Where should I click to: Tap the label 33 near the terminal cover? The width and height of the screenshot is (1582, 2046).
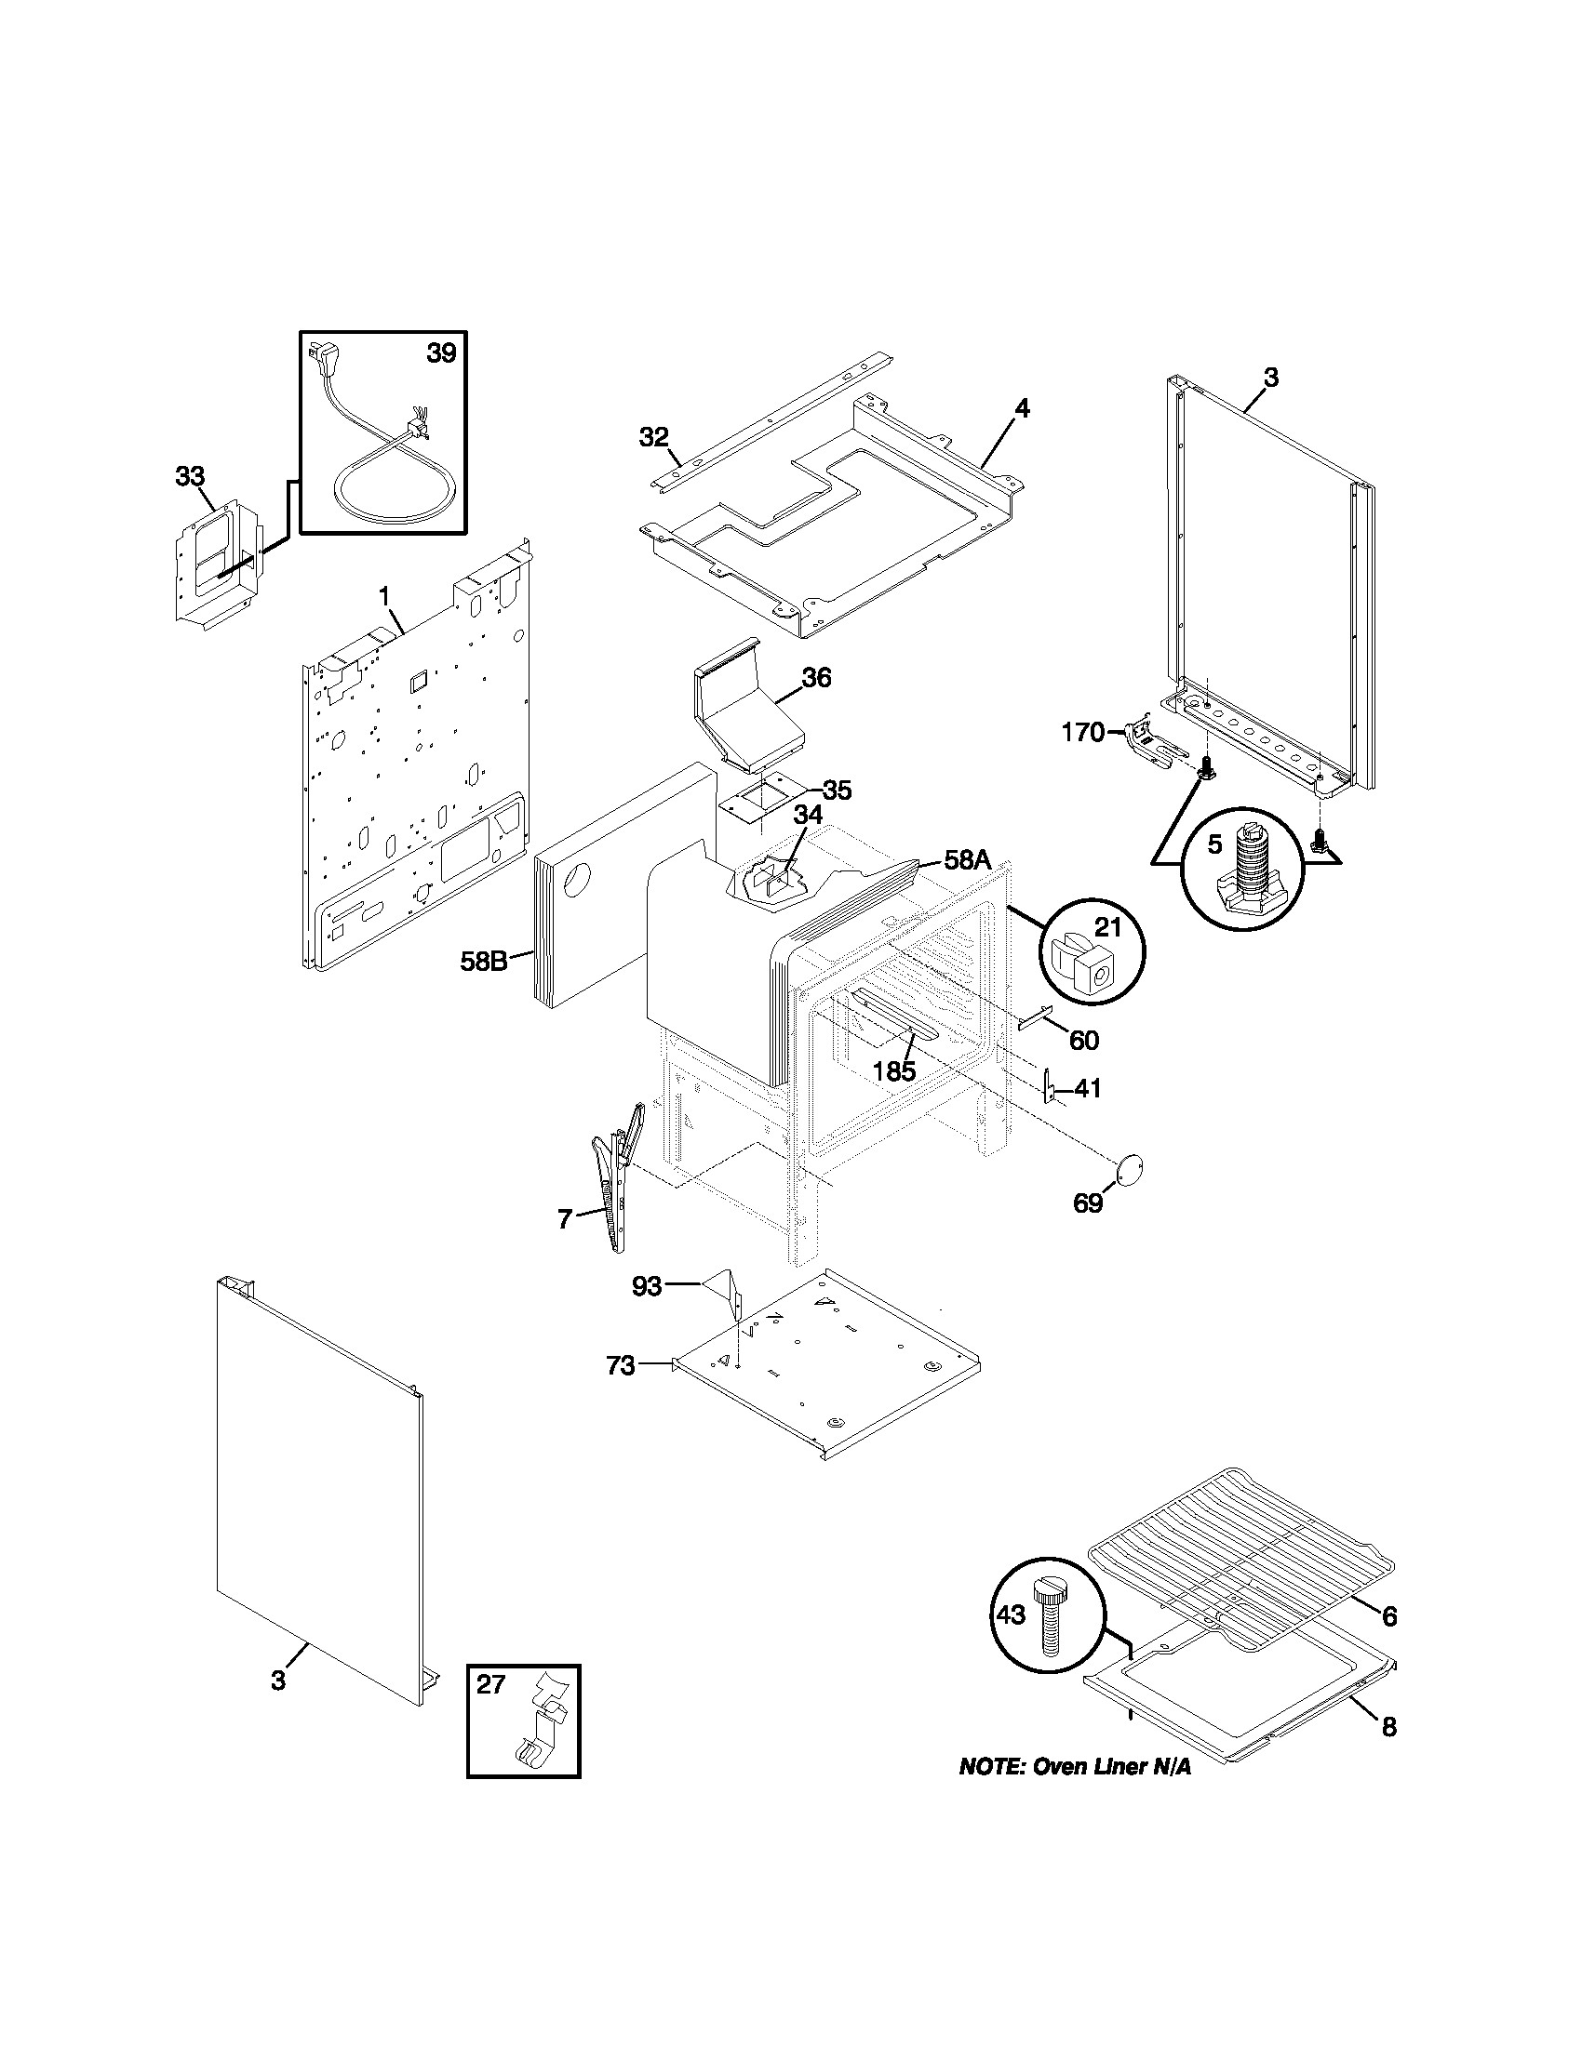coord(189,476)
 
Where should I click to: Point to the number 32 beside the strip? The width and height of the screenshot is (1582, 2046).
coord(654,436)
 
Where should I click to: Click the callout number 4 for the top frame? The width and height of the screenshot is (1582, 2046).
coord(1022,408)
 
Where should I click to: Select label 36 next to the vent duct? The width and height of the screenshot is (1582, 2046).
coord(816,678)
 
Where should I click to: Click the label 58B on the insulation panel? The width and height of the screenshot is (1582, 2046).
coord(484,962)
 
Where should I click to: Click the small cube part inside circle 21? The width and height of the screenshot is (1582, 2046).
coord(1089,963)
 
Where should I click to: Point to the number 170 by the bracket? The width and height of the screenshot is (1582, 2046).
coord(1082,733)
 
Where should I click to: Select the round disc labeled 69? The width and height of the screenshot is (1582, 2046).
coord(1131,1167)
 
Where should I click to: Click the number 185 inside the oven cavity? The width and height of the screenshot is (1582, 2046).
coord(894,1071)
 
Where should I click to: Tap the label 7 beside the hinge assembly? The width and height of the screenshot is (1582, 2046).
coord(564,1219)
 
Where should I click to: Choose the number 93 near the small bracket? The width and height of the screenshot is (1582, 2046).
coord(647,1287)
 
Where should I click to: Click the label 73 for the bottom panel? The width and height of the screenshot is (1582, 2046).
coord(621,1367)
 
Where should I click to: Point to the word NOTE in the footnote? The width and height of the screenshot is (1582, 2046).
coord(991,1768)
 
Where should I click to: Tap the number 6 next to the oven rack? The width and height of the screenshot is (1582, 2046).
coord(1389,1616)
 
